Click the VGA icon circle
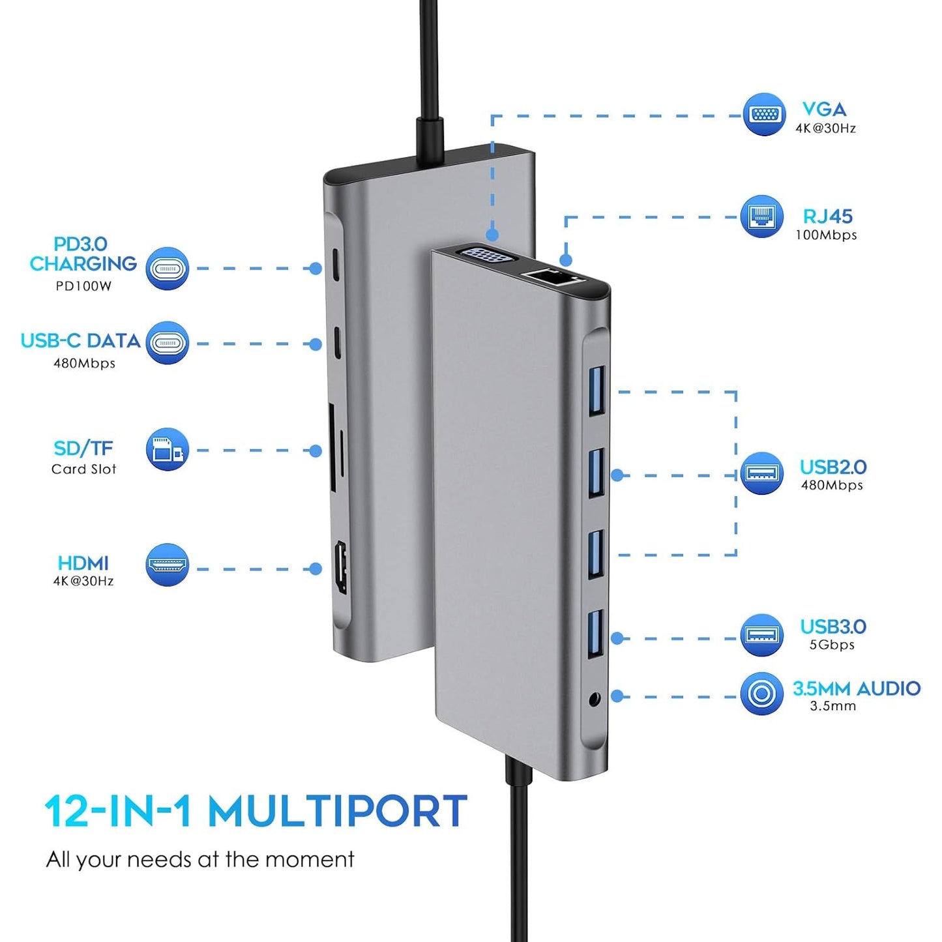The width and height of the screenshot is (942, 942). (764, 115)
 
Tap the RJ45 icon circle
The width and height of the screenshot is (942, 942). (761, 216)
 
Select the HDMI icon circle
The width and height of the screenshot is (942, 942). (167, 565)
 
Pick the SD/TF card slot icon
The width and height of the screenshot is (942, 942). (167, 450)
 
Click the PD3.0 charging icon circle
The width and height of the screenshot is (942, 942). (167, 268)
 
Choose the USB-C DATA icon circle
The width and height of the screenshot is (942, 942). (167, 343)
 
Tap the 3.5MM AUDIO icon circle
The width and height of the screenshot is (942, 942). (761, 694)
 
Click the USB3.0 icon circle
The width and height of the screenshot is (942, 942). (761, 635)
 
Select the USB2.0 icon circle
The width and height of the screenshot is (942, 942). (761, 473)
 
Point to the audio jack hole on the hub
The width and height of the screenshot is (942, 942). (594, 700)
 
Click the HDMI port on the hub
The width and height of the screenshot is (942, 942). (340, 568)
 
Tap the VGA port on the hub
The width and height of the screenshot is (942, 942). (486, 255)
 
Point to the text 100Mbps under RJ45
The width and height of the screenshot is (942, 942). (826, 235)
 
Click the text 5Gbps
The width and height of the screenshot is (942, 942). (832, 645)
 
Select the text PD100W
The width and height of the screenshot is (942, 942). (83, 286)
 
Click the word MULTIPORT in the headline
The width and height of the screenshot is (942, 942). (337, 812)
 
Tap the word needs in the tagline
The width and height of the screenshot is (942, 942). (160, 860)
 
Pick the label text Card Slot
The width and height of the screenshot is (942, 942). (83, 469)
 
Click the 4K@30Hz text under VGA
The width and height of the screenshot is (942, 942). (825, 128)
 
